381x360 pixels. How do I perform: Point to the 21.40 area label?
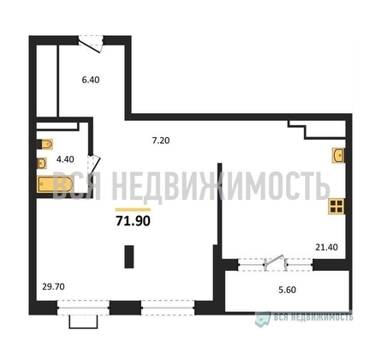coord(325,248)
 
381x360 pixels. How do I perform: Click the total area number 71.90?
coord(133,221)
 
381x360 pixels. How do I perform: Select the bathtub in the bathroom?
coord(55,183)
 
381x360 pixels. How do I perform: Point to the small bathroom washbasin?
coord(43,159)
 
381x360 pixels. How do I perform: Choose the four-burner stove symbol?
coord(336,206)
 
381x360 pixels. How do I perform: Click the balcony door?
coord(272,262)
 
